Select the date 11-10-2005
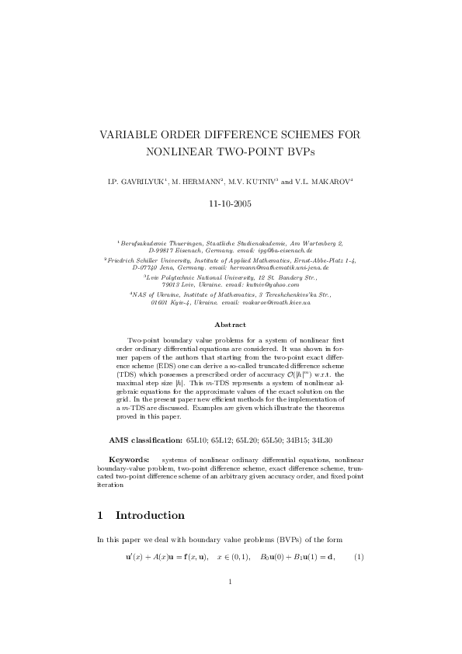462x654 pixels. tap(231, 204)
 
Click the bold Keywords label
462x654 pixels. tap(129, 460)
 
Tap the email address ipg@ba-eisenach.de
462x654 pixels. tap(278, 252)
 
